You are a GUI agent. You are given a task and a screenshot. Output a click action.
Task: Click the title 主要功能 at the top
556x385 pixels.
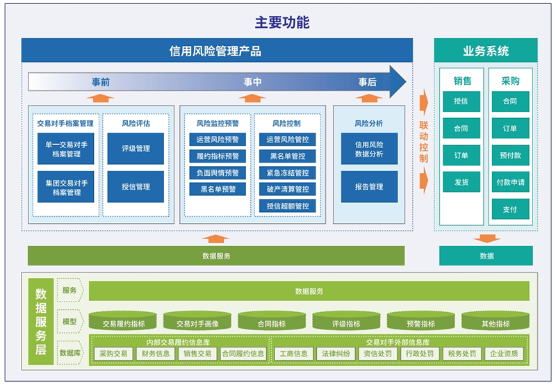point(282,22)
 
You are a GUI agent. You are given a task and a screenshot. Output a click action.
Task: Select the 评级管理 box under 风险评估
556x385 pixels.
point(136,149)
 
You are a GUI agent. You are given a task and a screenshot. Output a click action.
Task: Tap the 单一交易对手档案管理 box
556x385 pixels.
point(66,149)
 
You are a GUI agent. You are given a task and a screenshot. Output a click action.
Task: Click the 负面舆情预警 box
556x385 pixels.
point(218,172)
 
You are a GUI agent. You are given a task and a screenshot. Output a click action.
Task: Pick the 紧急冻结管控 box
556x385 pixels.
point(288,172)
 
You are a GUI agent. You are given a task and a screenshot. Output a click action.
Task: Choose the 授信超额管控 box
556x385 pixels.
point(288,206)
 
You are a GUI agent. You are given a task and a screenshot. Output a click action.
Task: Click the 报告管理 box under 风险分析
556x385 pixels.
point(369,187)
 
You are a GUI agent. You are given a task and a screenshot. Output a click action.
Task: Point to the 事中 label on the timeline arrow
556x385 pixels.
point(252,82)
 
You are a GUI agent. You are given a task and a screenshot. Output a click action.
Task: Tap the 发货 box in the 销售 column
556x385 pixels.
point(461,182)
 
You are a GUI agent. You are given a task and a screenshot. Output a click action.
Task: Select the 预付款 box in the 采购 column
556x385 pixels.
point(510,155)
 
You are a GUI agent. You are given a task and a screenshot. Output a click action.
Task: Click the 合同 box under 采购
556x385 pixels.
point(510,101)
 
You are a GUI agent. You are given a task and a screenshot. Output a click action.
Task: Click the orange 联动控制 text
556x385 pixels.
point(424,142)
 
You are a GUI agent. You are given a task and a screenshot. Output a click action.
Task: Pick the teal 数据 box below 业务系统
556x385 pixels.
point(486,256)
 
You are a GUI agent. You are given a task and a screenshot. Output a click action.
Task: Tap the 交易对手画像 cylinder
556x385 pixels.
point(197,321)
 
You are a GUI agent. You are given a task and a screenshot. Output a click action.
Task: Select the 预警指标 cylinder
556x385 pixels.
point(421,321)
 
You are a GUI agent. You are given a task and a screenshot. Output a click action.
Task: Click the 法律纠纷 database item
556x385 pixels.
point(336,354)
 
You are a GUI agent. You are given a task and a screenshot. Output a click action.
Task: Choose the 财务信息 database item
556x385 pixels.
point(155,354)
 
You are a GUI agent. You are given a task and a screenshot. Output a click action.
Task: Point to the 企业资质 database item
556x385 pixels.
point(504,354)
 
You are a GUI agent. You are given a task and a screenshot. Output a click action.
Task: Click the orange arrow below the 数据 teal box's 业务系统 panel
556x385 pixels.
point(487,238)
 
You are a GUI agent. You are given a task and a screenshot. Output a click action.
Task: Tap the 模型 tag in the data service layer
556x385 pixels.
point(69,322)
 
